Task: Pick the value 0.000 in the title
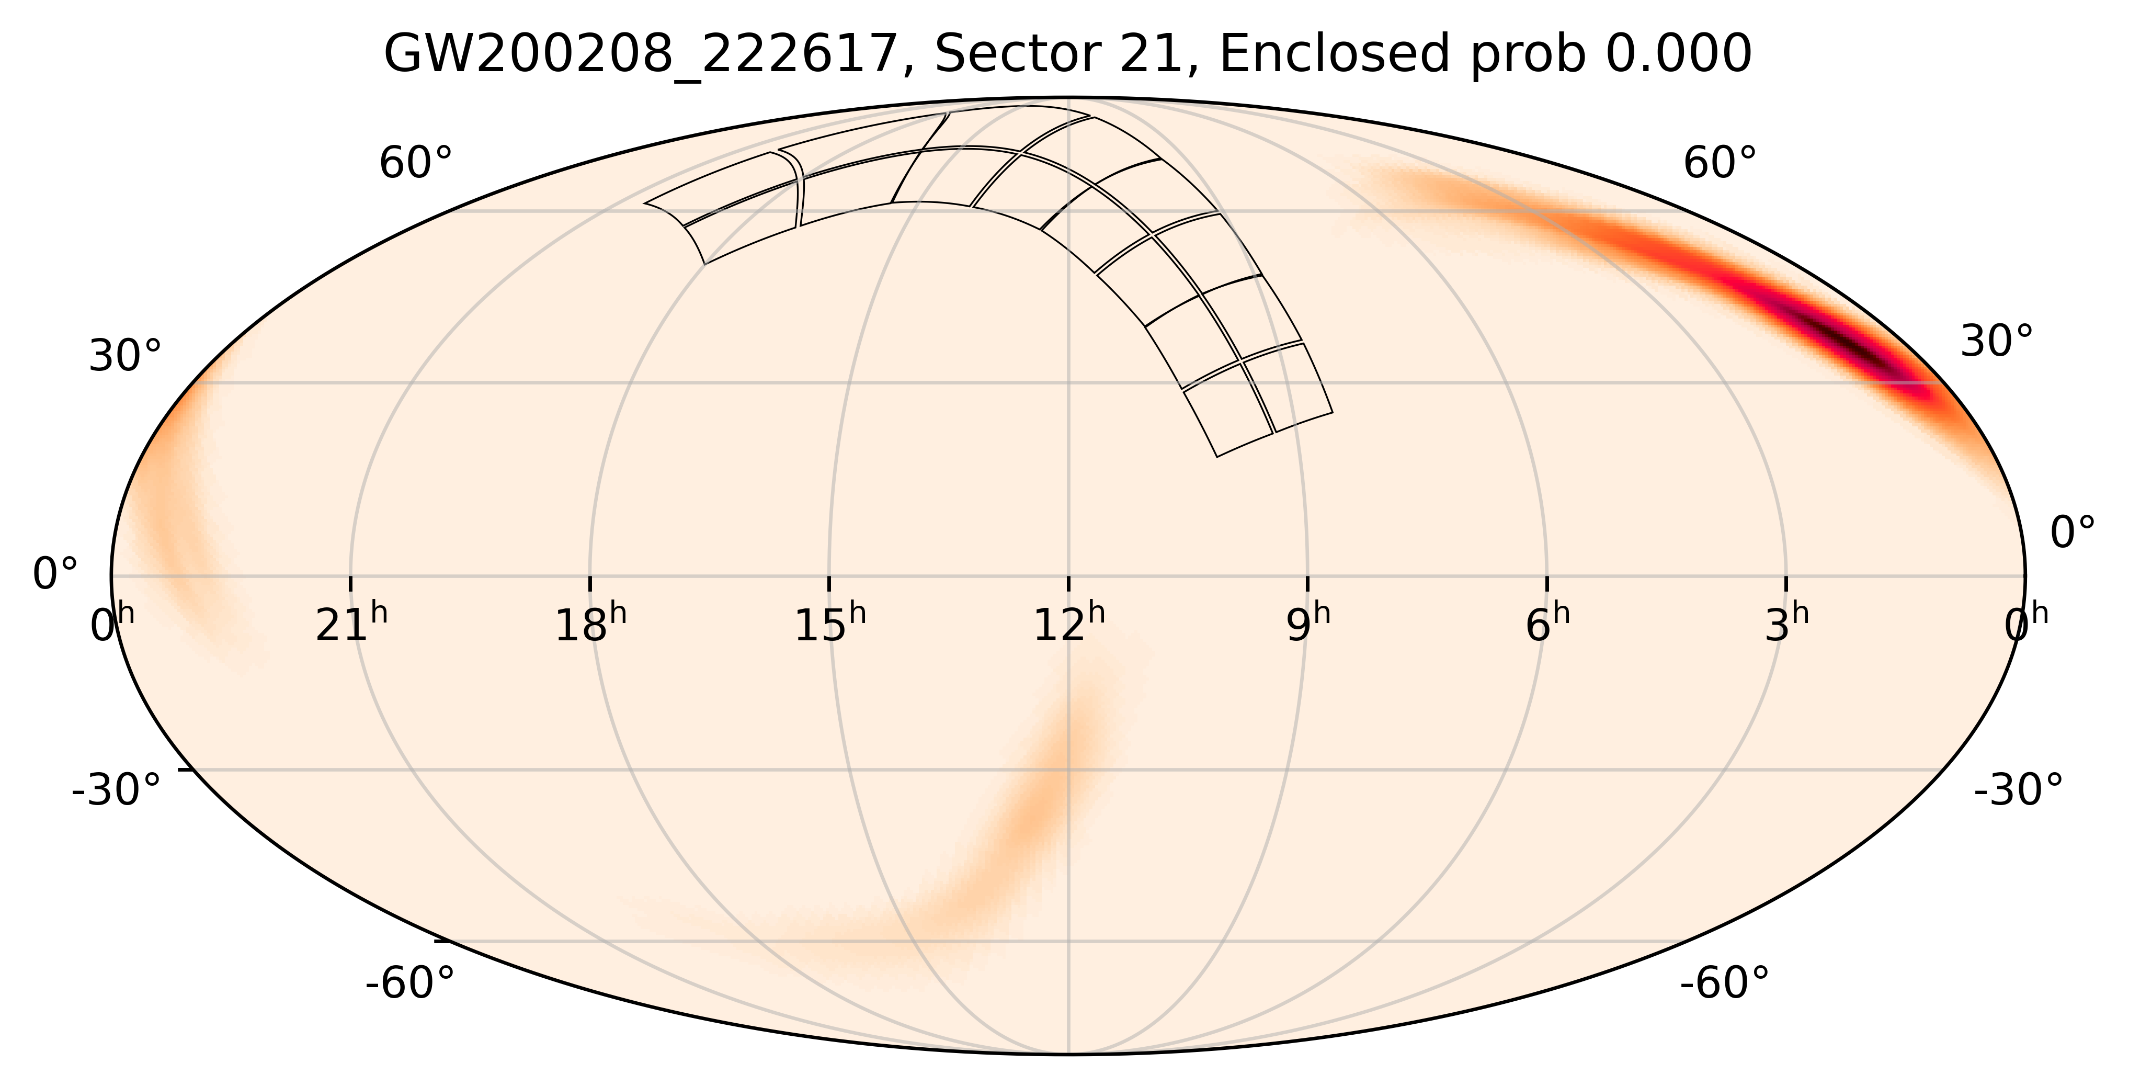coord(1678,56)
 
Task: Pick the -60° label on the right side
coord(1724,983)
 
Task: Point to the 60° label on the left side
coord(416,164)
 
